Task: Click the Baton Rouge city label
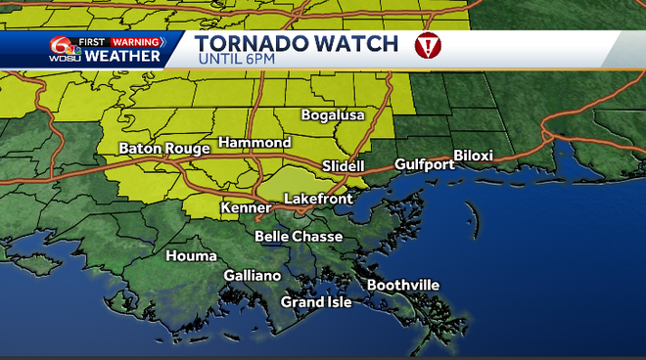[x=163, y=149]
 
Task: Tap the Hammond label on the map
[x=254, y=143]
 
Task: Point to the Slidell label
[x=343, y=166]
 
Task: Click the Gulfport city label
[x=424, y=164]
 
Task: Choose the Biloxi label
[x=473, y=156]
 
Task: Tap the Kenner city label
[x=246, y=208]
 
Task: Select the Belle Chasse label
[x=299, y=237]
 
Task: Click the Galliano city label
[x=252, y=276]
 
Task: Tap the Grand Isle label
[x=315, y=302]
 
